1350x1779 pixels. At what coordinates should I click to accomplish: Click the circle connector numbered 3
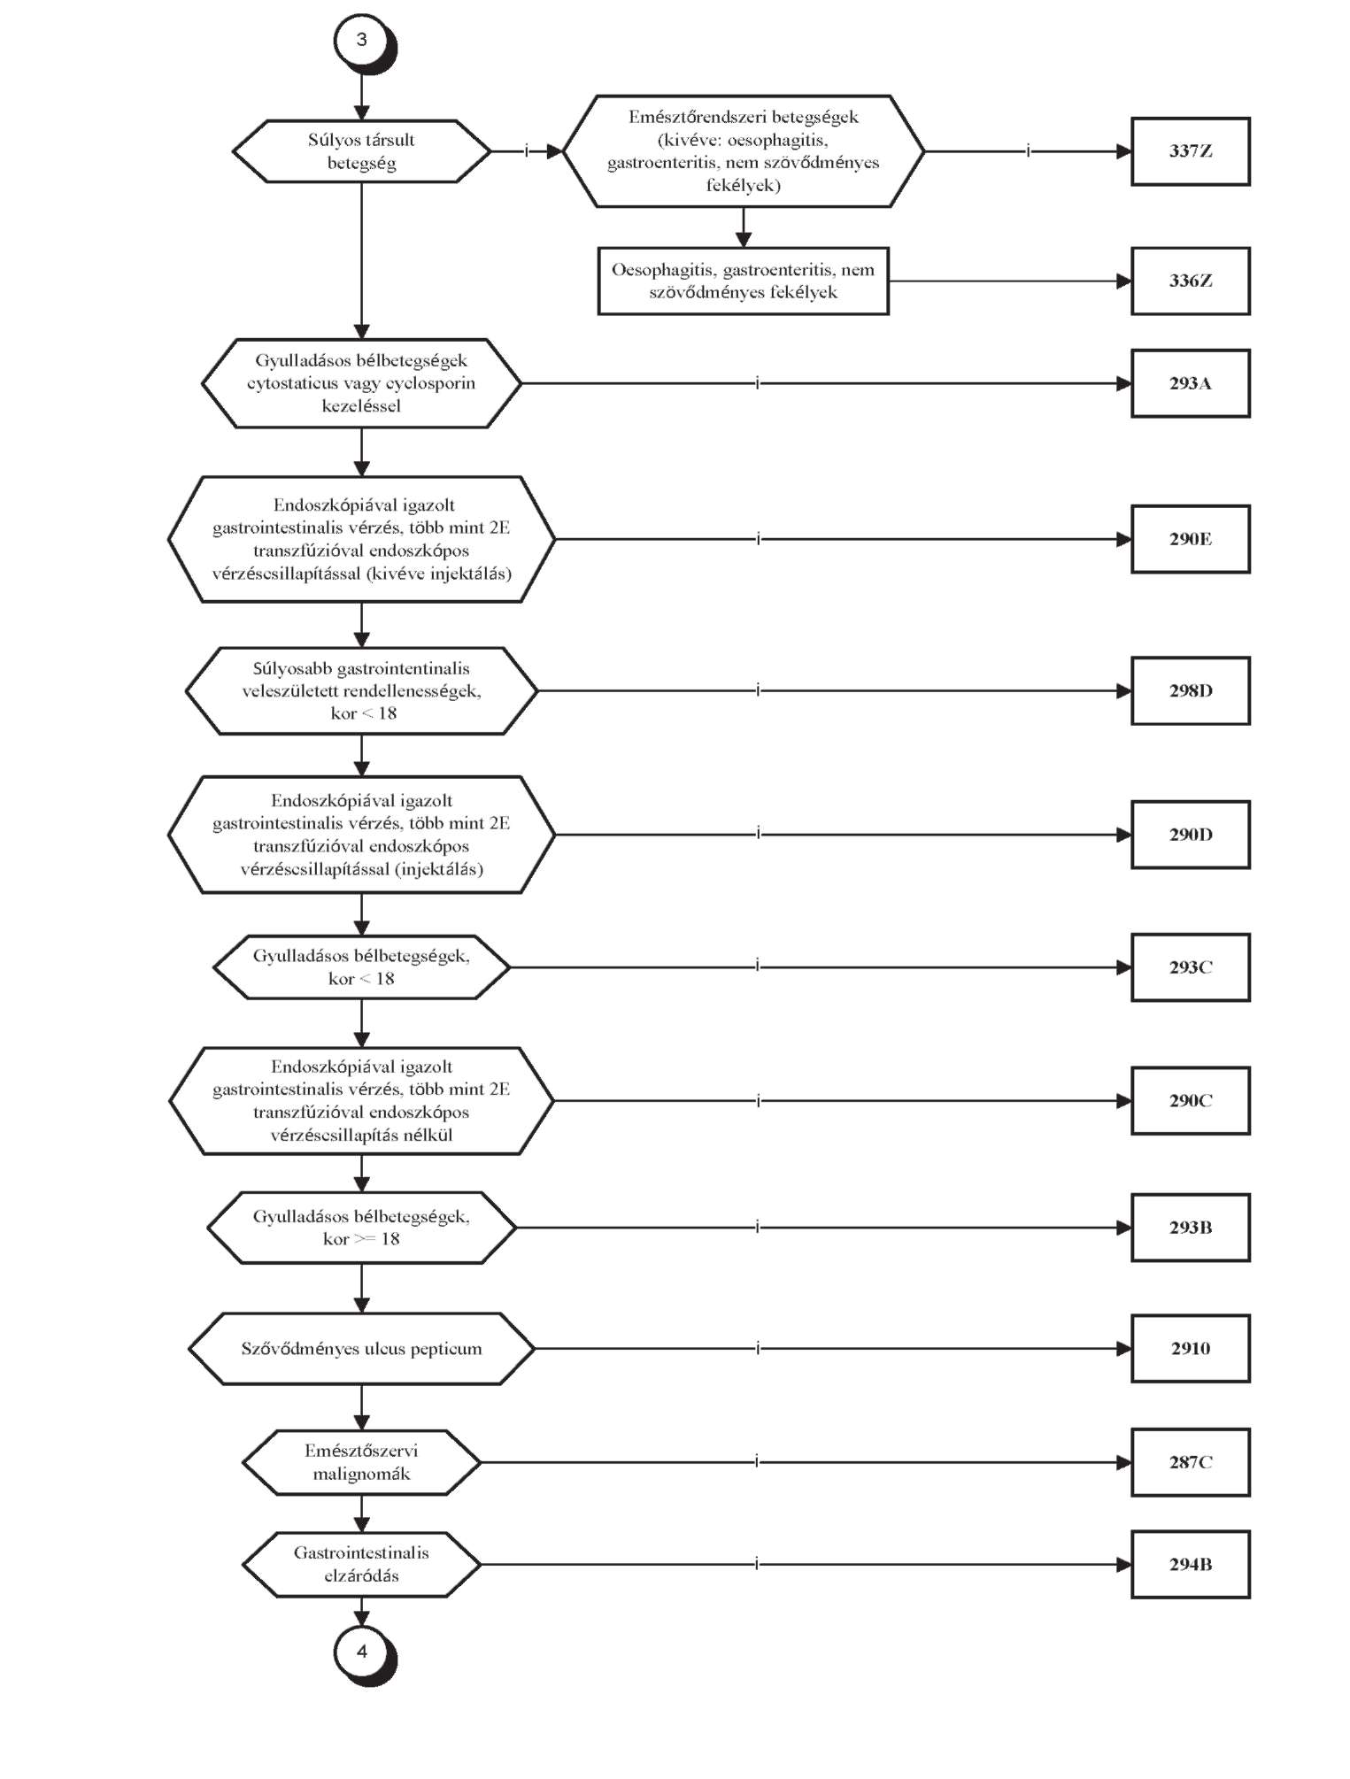click(362, 40)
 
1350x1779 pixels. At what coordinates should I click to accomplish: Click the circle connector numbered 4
click(362, 1652)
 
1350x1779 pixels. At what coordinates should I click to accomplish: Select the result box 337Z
click(1191, 151)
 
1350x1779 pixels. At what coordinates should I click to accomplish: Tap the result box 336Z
click(1191, 281)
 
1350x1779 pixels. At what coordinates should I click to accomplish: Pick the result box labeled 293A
click(1191, 383)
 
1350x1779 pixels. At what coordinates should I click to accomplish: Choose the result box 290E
click(1191, 539)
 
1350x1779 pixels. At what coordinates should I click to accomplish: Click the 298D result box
click(1191, 690)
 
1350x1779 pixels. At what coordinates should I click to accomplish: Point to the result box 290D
click(1191, 835)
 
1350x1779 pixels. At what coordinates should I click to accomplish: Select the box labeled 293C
click(1191, 967)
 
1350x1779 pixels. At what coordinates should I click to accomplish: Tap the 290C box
click(1191, 1101)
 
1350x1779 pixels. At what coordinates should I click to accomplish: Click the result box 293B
click(1191, 1228)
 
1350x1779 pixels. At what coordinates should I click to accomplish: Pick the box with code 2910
click(1191, 1349)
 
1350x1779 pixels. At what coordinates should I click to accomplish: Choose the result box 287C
click(1191, 1462)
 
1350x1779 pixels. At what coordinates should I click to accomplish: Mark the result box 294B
click(1191, 1565)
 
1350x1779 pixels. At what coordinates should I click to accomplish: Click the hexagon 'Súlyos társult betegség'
click(361, 151)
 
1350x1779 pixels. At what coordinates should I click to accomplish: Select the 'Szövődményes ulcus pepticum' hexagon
click(361, 1349)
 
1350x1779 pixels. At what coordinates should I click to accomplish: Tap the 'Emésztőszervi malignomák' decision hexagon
click(361, 1462)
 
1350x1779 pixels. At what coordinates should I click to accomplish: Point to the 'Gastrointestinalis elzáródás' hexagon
click(361, 1565)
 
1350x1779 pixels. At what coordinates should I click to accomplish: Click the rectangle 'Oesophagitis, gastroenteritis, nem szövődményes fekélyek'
click(744, 281)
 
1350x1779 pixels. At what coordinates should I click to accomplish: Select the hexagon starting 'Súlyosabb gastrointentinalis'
click(361, 690)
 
